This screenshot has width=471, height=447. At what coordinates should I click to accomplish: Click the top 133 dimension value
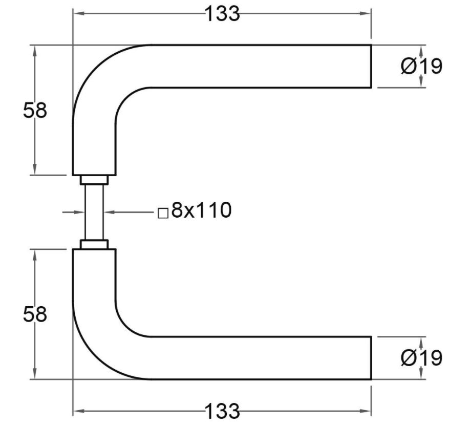[x=222, y=14]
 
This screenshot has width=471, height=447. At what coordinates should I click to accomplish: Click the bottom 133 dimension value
[x=222, y=411]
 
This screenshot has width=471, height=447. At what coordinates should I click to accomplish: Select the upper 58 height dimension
[x=35, y=111]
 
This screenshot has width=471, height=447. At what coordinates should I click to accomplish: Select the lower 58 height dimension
[x=35, y=314]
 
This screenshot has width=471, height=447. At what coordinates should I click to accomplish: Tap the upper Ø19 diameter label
[x=421, y=67]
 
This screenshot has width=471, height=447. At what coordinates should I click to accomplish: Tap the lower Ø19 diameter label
[x=421, y=358]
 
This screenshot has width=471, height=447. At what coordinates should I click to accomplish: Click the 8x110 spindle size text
[x=201, y=210]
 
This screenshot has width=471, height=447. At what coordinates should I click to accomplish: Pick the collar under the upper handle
[x=94, y=180]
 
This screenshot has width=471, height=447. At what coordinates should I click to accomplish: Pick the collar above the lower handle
[x=94, y=244]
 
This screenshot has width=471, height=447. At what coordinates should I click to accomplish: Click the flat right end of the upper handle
[x=370, y=67]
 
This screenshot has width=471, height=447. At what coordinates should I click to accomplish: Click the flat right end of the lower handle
[x=370, y=358]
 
